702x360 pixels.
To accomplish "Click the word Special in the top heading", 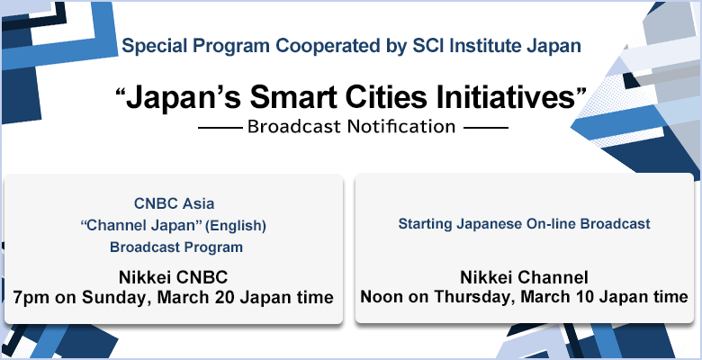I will click(x=151, y=44).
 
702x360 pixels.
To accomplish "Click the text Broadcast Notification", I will click(x=351, y=127).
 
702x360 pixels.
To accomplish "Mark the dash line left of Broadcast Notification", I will click(x=219, y=127).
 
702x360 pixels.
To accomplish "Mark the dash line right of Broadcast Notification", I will click(x=485, y=127).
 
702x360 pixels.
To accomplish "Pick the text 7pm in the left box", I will click(x=29, y=296).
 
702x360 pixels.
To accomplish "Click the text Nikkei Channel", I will click(x=525, y=276).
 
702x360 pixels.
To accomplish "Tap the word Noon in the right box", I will click(x=383, y=296).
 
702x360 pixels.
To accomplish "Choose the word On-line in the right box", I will click(x=546, y=221).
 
